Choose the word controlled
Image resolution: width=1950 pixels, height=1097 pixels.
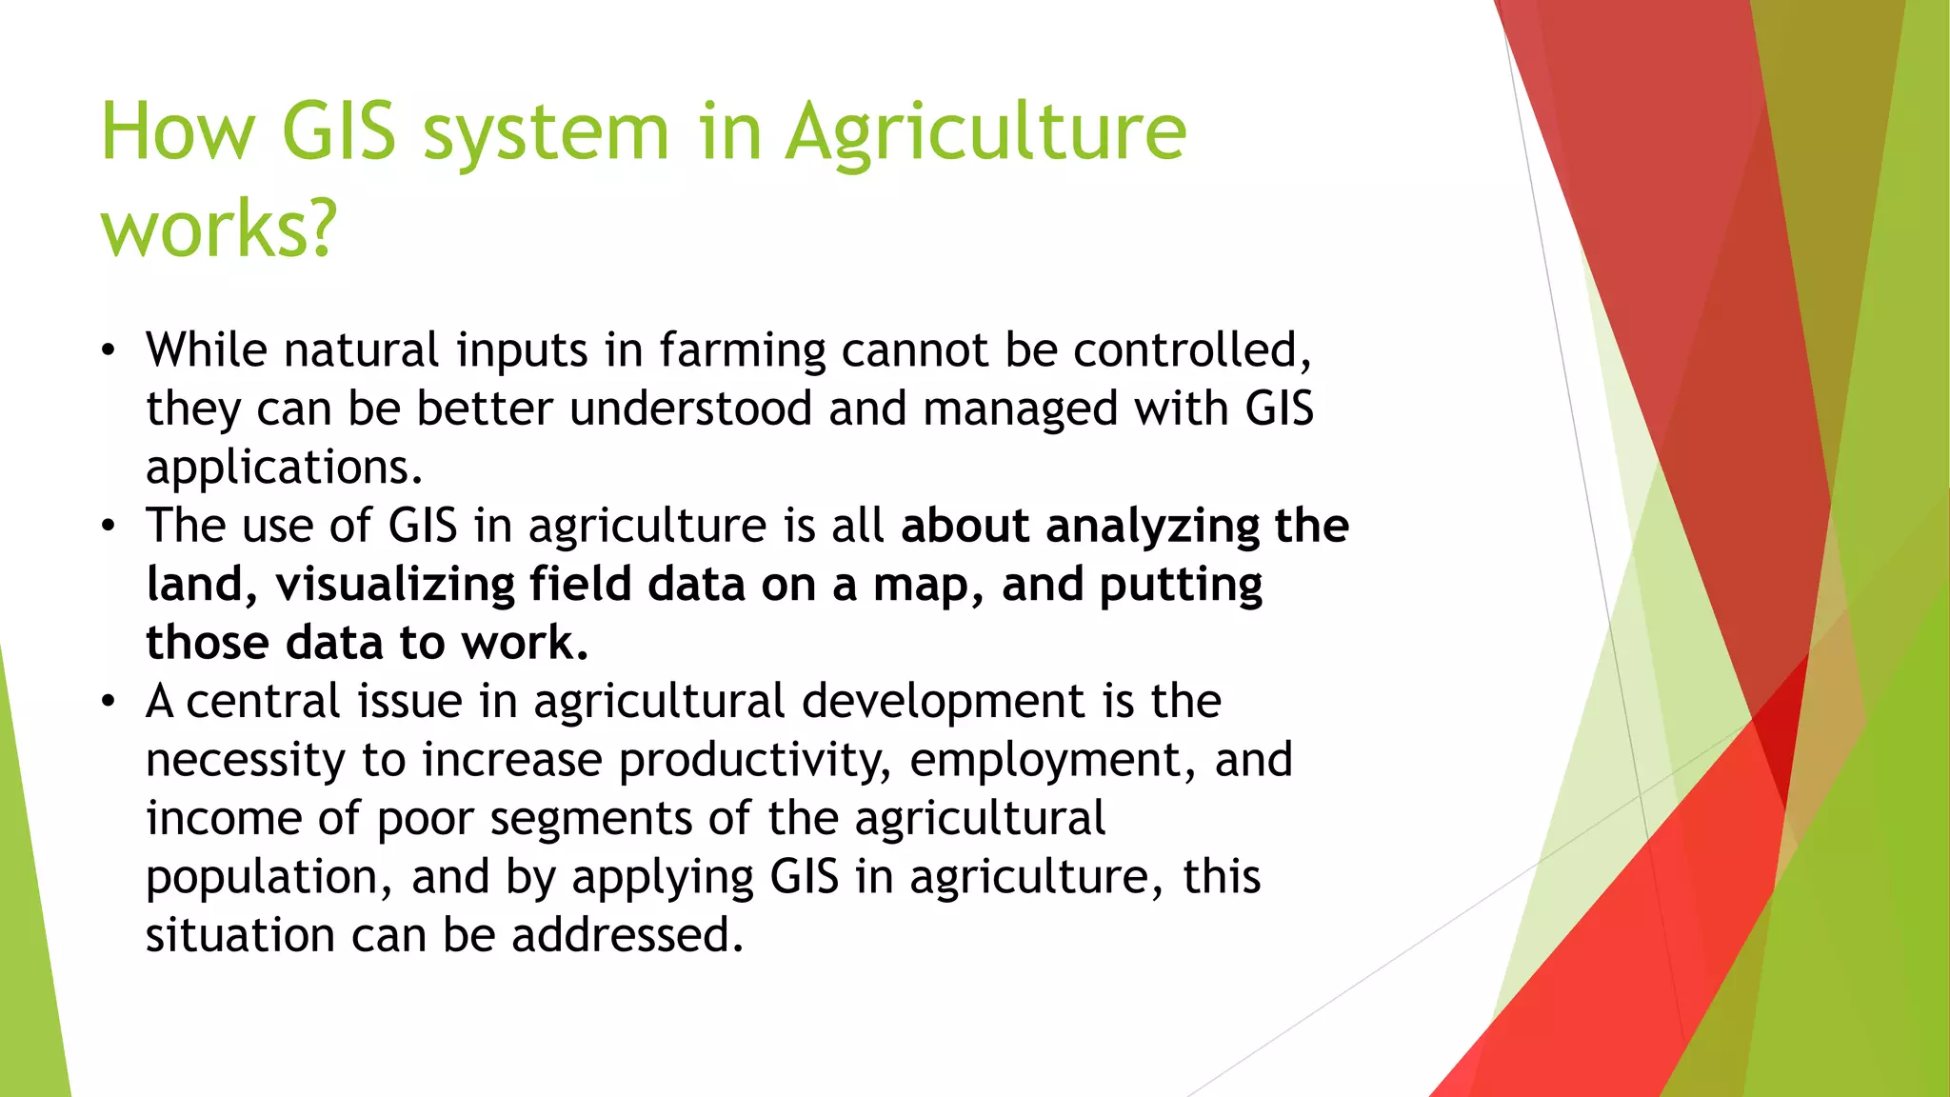point(1192,349)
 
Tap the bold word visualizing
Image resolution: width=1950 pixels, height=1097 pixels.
point(395,585)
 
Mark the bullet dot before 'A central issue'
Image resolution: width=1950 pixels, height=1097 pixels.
point(109,703)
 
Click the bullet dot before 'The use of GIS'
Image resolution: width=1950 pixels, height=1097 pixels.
point(109,527)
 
